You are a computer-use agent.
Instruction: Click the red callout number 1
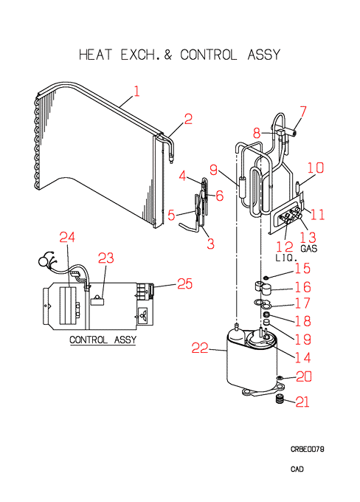[x=137, y=92]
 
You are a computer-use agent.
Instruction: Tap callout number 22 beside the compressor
[x=200, y=348]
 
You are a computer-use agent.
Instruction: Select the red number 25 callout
[x=185, y=283]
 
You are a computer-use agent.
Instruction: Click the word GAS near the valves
[x=309, y=249]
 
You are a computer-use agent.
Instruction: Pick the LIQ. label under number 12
[x=286, y=258]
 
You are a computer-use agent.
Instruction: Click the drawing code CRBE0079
[x=307, y=449]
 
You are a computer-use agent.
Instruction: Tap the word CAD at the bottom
[x=297, y=469]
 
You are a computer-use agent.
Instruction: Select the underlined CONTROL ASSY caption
[x=103, y=340]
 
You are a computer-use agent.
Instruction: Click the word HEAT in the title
[x=95, y=55]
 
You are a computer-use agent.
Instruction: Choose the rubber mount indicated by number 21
[x=280, y=399]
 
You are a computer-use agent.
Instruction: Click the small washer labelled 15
[x=266, y=277]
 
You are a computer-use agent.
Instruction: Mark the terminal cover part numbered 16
[x=263, y=288]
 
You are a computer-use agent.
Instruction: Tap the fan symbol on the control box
[x=142, y=314]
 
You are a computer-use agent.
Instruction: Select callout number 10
[x=316, y=168]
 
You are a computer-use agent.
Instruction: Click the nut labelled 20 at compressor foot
[x=280, y=379]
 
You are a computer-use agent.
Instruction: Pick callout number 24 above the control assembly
[x=67, y=237]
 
